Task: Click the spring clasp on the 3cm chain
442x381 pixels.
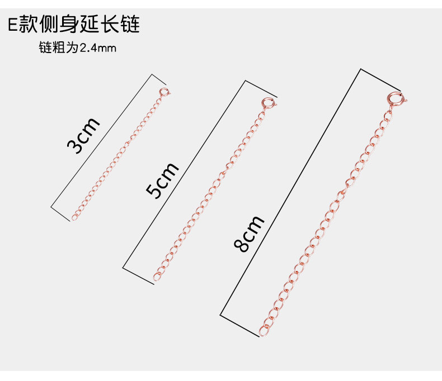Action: point(163,92)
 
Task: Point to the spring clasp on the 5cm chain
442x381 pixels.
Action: point(267,104)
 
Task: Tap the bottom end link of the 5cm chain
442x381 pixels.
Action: point(157,276)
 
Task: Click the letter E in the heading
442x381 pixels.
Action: point(12,25)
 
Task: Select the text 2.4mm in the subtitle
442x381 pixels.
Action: point(98,48)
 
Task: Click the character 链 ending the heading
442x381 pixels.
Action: point(129,25)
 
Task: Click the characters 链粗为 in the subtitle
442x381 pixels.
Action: point(58,48)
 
